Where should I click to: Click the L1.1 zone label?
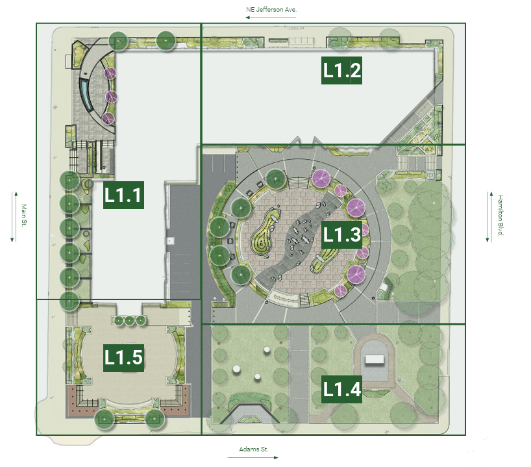point(123,195)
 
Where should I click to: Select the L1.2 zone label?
point(341,71)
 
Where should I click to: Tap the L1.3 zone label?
point(341,234)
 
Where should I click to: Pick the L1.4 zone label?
point(341,389)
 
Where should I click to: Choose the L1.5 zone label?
point(123,358)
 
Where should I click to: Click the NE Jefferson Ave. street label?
point(271,10)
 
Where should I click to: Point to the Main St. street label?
point(24,215)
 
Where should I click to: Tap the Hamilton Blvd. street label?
point(500,215)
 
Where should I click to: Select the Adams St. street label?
point(254,449)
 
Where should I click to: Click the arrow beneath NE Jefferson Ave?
point(271,18)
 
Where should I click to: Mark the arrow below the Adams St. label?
point(253,457)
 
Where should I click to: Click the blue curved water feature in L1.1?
point(86,94)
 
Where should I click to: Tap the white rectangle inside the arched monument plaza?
point(374,359)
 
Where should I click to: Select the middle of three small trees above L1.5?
point(129,320)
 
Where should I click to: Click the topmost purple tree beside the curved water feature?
point(110,73)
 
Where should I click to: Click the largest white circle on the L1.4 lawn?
point(237,370)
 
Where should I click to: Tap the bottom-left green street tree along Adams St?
point(104,419)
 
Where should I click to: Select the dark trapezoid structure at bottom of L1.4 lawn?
point(249,414)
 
